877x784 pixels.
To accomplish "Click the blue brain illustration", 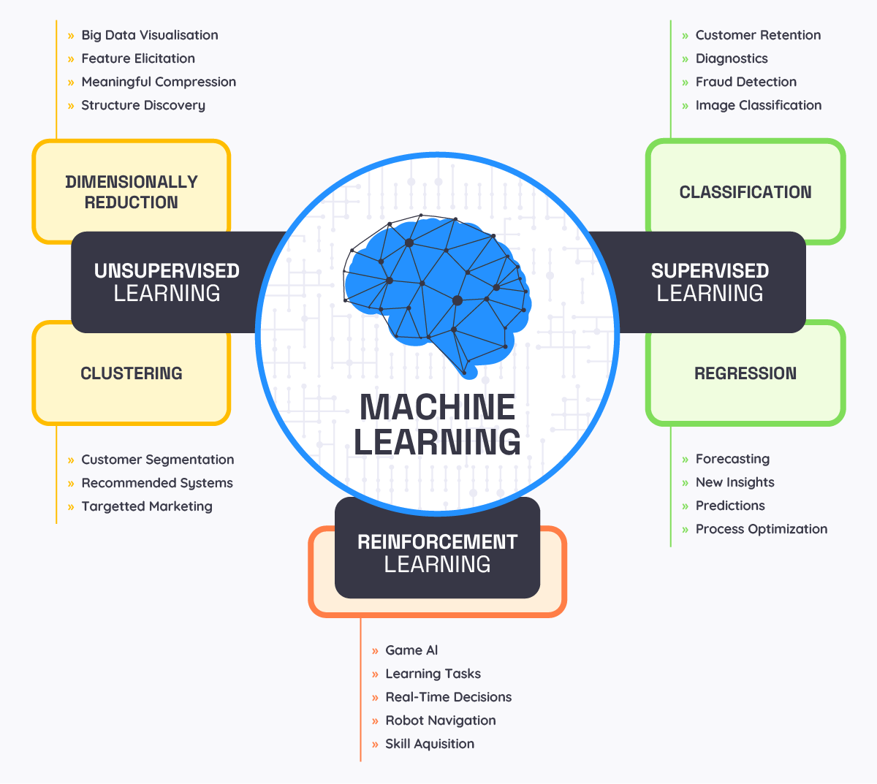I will tap(437, 292).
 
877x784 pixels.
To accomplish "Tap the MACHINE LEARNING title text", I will tap(437, 425).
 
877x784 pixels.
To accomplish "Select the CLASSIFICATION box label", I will tap(745, 192).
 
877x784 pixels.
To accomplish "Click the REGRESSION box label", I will tap(745, 373).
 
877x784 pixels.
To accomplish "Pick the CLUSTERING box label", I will tap(132, 373).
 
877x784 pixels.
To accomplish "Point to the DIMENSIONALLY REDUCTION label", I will tap(132, 192).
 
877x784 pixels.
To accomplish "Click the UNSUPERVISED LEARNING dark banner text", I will tap(167, 282).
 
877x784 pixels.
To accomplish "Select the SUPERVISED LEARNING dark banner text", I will tap(710, 282).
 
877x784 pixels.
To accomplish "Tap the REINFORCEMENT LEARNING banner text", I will tap(437, 553).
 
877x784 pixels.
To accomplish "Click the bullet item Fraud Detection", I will tap(745, 82).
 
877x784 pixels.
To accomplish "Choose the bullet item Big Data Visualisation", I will tap(149, 35).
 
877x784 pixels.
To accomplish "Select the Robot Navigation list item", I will tap(440, 720).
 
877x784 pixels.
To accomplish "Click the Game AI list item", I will tap(411, 650).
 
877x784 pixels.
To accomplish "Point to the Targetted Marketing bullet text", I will tap(146, 506).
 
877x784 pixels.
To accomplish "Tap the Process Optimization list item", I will tap(761, 529).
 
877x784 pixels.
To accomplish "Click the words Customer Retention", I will tap(758, 35).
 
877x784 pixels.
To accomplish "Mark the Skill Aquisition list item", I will tap(430, 744).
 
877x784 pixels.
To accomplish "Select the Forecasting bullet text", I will tap(732, 459).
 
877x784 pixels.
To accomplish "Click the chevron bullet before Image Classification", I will tap(685, 106).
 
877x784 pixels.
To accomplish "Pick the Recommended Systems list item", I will tap(156, 483).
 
